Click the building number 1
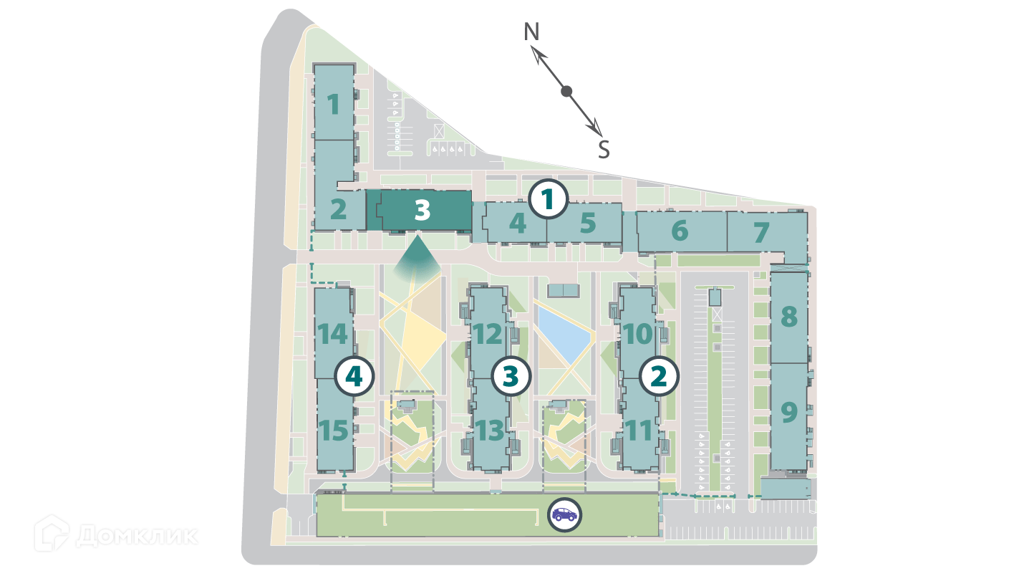(333, 105)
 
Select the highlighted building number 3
(422, 210)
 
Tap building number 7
(761, 232)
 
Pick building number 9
(788, 413)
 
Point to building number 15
(334, 431)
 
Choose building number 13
(490, 431)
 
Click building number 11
(639, 431)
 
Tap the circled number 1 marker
(548, 199)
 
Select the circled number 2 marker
(658, 375)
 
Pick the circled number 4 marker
(355, 375)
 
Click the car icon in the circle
(564, 514)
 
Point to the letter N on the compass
(531, 32)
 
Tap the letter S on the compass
(604, 149)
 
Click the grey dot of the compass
(566, 91)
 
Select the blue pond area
(564, 335)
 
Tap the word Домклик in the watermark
(136, 535)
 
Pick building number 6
(680, 231)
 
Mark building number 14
(334, 335)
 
